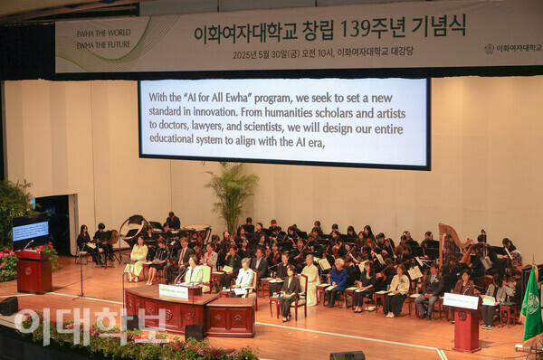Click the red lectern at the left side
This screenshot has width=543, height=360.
click(x=33, y=271)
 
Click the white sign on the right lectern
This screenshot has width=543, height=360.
click(x=461, y=301)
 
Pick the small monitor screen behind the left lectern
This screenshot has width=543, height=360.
click(x=30, y=231)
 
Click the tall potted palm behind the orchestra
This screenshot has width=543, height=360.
click(x=232, y=194)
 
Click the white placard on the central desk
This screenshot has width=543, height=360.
click(x=173, y=291)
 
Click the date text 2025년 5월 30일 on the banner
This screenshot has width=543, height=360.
click(x=271, y=54)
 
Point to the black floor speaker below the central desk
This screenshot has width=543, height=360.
click(x=195, y=333)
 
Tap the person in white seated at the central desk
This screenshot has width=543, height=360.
click(x=244, y=278)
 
